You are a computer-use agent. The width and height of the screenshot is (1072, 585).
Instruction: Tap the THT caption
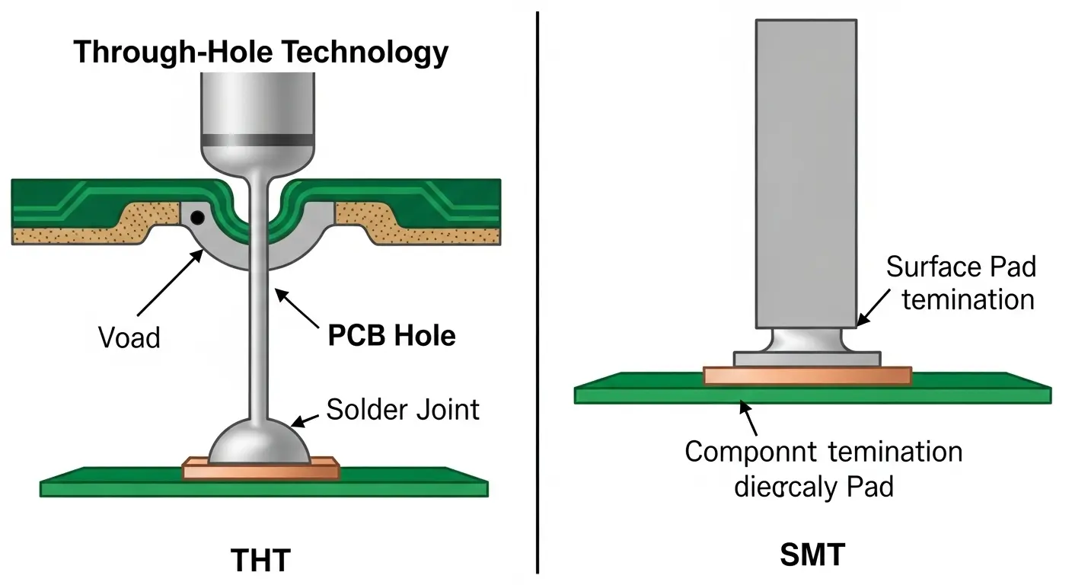[x=260, y=560]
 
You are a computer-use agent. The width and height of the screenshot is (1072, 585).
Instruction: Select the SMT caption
[x=812, y=555]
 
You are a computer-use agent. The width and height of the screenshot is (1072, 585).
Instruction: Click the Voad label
[x=129, y=337]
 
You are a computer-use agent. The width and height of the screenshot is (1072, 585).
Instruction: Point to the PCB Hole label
[x=392, y=335]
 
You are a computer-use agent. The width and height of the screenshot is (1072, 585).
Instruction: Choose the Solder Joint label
[x=403, y=410]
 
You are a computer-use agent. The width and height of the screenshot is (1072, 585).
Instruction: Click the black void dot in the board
[x=196, y=217]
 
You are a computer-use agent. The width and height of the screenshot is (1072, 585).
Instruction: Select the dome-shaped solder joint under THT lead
[x=260, y=444]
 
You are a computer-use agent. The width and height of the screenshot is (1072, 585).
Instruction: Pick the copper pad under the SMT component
[x=807, y=376]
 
